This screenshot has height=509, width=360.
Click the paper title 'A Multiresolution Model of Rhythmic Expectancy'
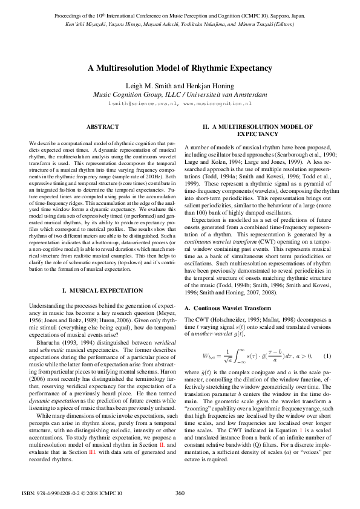(x=180, y=68)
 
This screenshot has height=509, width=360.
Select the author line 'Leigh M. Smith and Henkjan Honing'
(x=180, y=86)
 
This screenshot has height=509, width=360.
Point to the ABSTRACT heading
(x=99, y=127)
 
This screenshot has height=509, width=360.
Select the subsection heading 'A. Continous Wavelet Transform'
(x=220, y=308)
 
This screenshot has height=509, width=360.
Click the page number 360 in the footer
(x=180, y=493)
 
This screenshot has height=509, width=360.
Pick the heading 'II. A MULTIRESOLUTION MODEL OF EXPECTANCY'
(x=257, y=130)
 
